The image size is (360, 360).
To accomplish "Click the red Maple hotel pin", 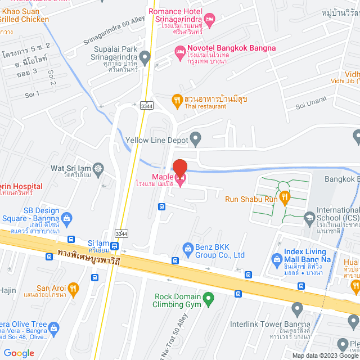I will click(180, 169).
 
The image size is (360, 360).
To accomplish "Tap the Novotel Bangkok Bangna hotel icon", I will click(180, 52).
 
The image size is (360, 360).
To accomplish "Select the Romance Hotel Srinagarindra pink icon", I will click(209, 21).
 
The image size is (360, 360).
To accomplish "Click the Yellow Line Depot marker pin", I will click(196, 137).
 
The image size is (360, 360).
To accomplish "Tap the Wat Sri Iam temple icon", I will click(99, 168).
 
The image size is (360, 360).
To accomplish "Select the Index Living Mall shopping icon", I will click(276, 259).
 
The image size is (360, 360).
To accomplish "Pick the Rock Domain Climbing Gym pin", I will click(208, 298).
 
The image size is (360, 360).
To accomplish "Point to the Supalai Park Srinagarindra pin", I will click(145, 56).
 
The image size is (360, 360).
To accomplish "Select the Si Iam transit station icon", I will click(115, 246).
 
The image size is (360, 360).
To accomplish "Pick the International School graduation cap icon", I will click(309, 217).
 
